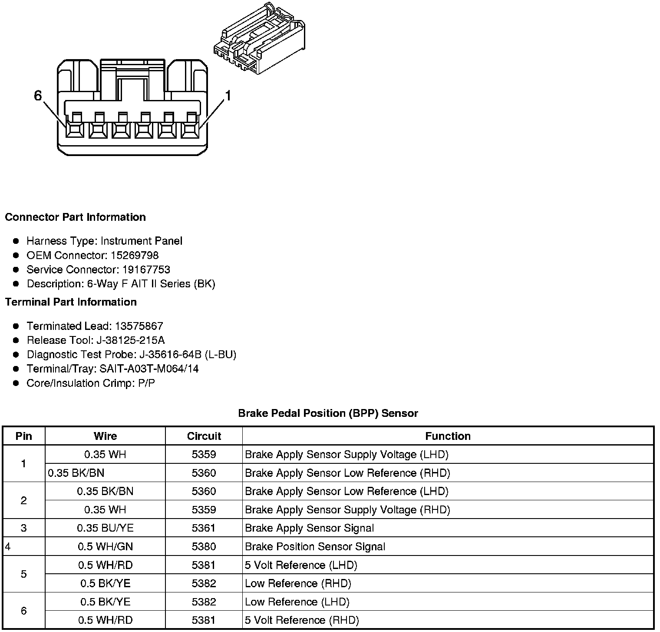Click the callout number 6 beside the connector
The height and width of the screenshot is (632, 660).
[x=38, y=95]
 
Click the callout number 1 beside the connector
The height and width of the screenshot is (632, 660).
[x=227, y=95]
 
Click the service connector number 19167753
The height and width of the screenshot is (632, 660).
[x=146, y=269]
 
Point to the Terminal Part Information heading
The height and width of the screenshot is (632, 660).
[x=71, y=302]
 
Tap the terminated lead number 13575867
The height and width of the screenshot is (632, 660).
[x=139, y=326]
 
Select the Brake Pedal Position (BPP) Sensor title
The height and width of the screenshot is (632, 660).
[x=328, y=413]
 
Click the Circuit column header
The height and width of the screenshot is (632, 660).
[x=204, y=436]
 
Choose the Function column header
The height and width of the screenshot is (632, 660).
[x=448, y=436]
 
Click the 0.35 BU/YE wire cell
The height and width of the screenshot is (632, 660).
[x=105, y=528]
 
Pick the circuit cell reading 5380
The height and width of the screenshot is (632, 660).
[x=204, y=546]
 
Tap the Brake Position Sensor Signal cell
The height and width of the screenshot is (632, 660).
[x=315, y=546]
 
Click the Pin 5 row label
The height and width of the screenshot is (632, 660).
[x=23, y=574]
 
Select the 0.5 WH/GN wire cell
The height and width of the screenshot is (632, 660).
[x=105, y=546]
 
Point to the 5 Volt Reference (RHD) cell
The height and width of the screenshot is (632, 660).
[x=302, y=620]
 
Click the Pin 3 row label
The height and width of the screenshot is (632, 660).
[x=23, y=528]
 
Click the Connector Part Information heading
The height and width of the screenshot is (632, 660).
[x=75, y=217]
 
